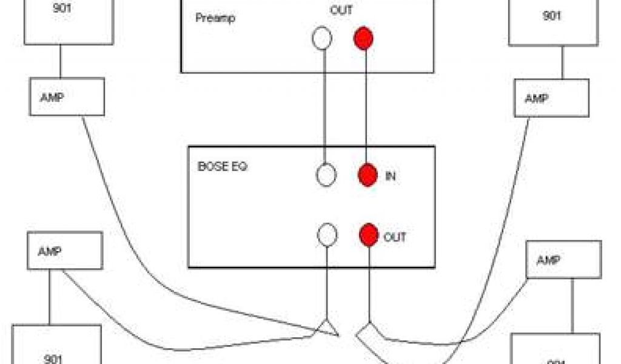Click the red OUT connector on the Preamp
click(x=363, y=39)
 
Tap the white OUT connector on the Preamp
click(x=322, y=39)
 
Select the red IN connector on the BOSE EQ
click(x=368, y=175)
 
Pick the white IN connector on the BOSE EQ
click(x=326, y=175)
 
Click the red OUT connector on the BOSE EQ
click(x=368, y=236)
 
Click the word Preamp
click(x=215, y=18)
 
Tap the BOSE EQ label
click(x=222, y=166)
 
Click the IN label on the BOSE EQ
click(x=391, y=177)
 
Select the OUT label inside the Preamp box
click(x=341, y=10)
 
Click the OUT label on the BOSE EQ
click(x=395, y=237)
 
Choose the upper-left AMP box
click(x=67, y=97)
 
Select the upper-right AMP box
click(x=551, y=99)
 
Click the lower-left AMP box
click(x=65, y=251)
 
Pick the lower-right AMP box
click(x=563, y=259)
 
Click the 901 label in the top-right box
click(x=551, y=16)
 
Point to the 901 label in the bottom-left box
click(x=54, y=358)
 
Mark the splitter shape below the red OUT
click(x=369, y=333)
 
